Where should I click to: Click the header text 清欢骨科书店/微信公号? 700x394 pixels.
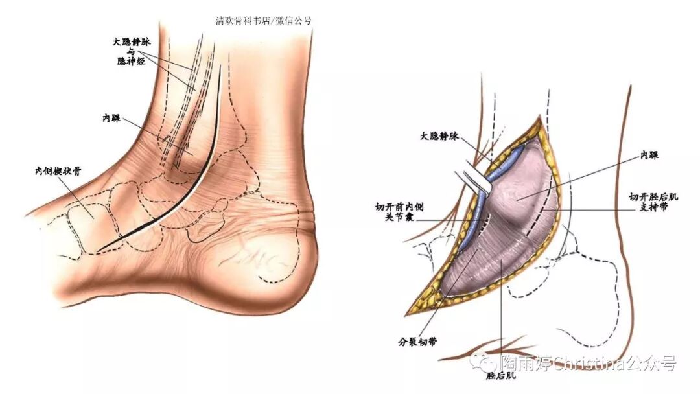263,20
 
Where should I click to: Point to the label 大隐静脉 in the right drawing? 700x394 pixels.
439,137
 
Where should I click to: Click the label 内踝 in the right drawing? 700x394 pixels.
648,156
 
